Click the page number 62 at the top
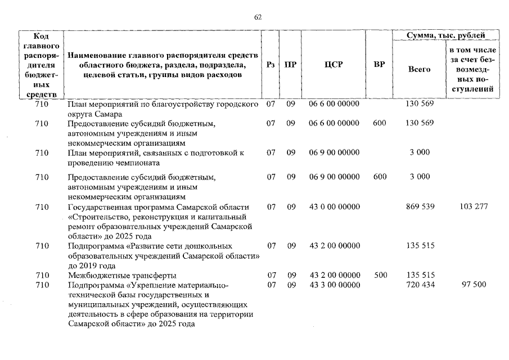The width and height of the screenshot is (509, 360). pyautogui.click(x=258, y=17)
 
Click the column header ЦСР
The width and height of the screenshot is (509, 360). pyautogui.click(x=334, y=65)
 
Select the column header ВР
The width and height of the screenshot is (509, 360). pyautogui.click(x=379, y=65)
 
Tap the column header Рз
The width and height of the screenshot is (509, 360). pyautogui.click(x=271, y=65)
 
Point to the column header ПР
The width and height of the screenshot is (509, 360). pyautogui.click(x=290, y=65)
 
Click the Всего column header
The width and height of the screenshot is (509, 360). pyautogui.click(x=419, y=69)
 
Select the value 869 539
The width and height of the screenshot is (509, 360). pyautogui.click(x=420, y=207)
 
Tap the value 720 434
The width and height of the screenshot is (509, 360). pyautogui.click(x=420, y=285)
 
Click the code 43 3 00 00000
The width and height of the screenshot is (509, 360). pyautogui.click(x=334, y=285)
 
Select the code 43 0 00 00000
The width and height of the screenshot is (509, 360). pyautogui.click(x=334, y=207)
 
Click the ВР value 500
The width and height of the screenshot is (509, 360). pyautogui.click(x=380, y=275)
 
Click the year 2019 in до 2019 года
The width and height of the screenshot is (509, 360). pyautogui.click(x=88, y=265)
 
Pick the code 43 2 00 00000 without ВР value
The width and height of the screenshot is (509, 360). pyautogui.click(x=334, y=246)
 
